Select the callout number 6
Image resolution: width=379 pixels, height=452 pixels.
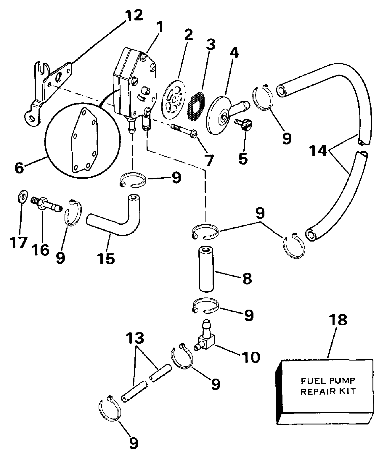pos(20,168)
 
